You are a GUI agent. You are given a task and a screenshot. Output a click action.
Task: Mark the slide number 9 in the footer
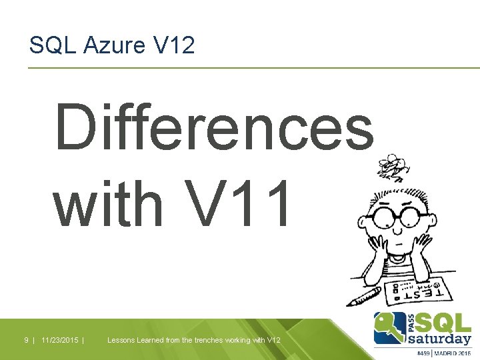click(26, 340)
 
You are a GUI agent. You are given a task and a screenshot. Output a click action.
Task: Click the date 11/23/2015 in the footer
click(60, 340)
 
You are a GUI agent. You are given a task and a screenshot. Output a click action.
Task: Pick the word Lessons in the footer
click(121, 340)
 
